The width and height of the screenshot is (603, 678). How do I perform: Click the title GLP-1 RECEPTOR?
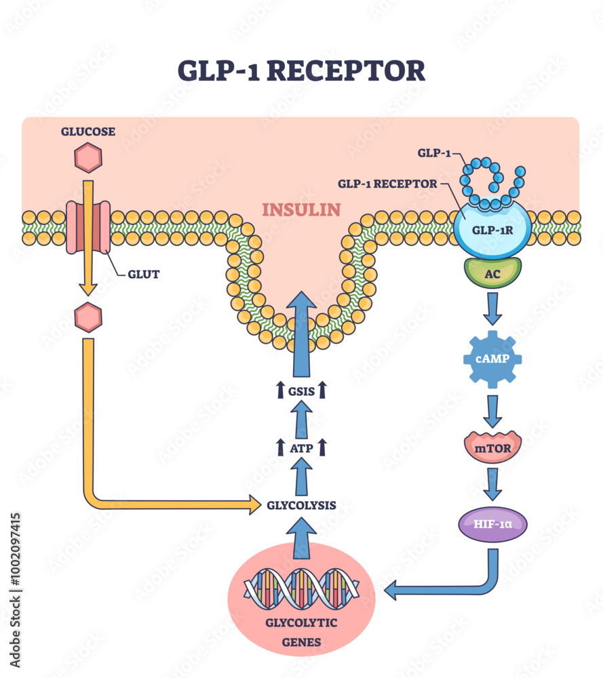(301, 71)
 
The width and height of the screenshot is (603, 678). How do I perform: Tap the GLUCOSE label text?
(88, 132)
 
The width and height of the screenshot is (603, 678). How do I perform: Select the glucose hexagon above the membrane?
(88, 159)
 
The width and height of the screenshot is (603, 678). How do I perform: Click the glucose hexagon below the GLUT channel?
(88, 317)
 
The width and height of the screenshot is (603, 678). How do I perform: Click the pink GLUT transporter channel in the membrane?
(88, 226)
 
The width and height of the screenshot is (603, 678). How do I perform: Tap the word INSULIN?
(301, 209)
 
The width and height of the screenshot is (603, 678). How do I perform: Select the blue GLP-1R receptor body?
(492, 229)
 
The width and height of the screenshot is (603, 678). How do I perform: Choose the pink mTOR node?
(492, 447)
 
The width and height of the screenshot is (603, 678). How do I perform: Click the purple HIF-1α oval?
(492, 523)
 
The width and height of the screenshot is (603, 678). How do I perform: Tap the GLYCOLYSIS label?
(301, 504)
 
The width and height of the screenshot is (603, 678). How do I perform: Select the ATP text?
(301, 447)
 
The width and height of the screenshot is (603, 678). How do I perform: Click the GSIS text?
(301, 390)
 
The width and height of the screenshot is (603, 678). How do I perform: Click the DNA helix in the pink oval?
(301, 589)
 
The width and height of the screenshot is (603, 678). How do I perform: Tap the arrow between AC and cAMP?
(492, 308)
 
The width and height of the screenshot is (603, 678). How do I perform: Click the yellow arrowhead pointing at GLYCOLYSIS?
(254, 504)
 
